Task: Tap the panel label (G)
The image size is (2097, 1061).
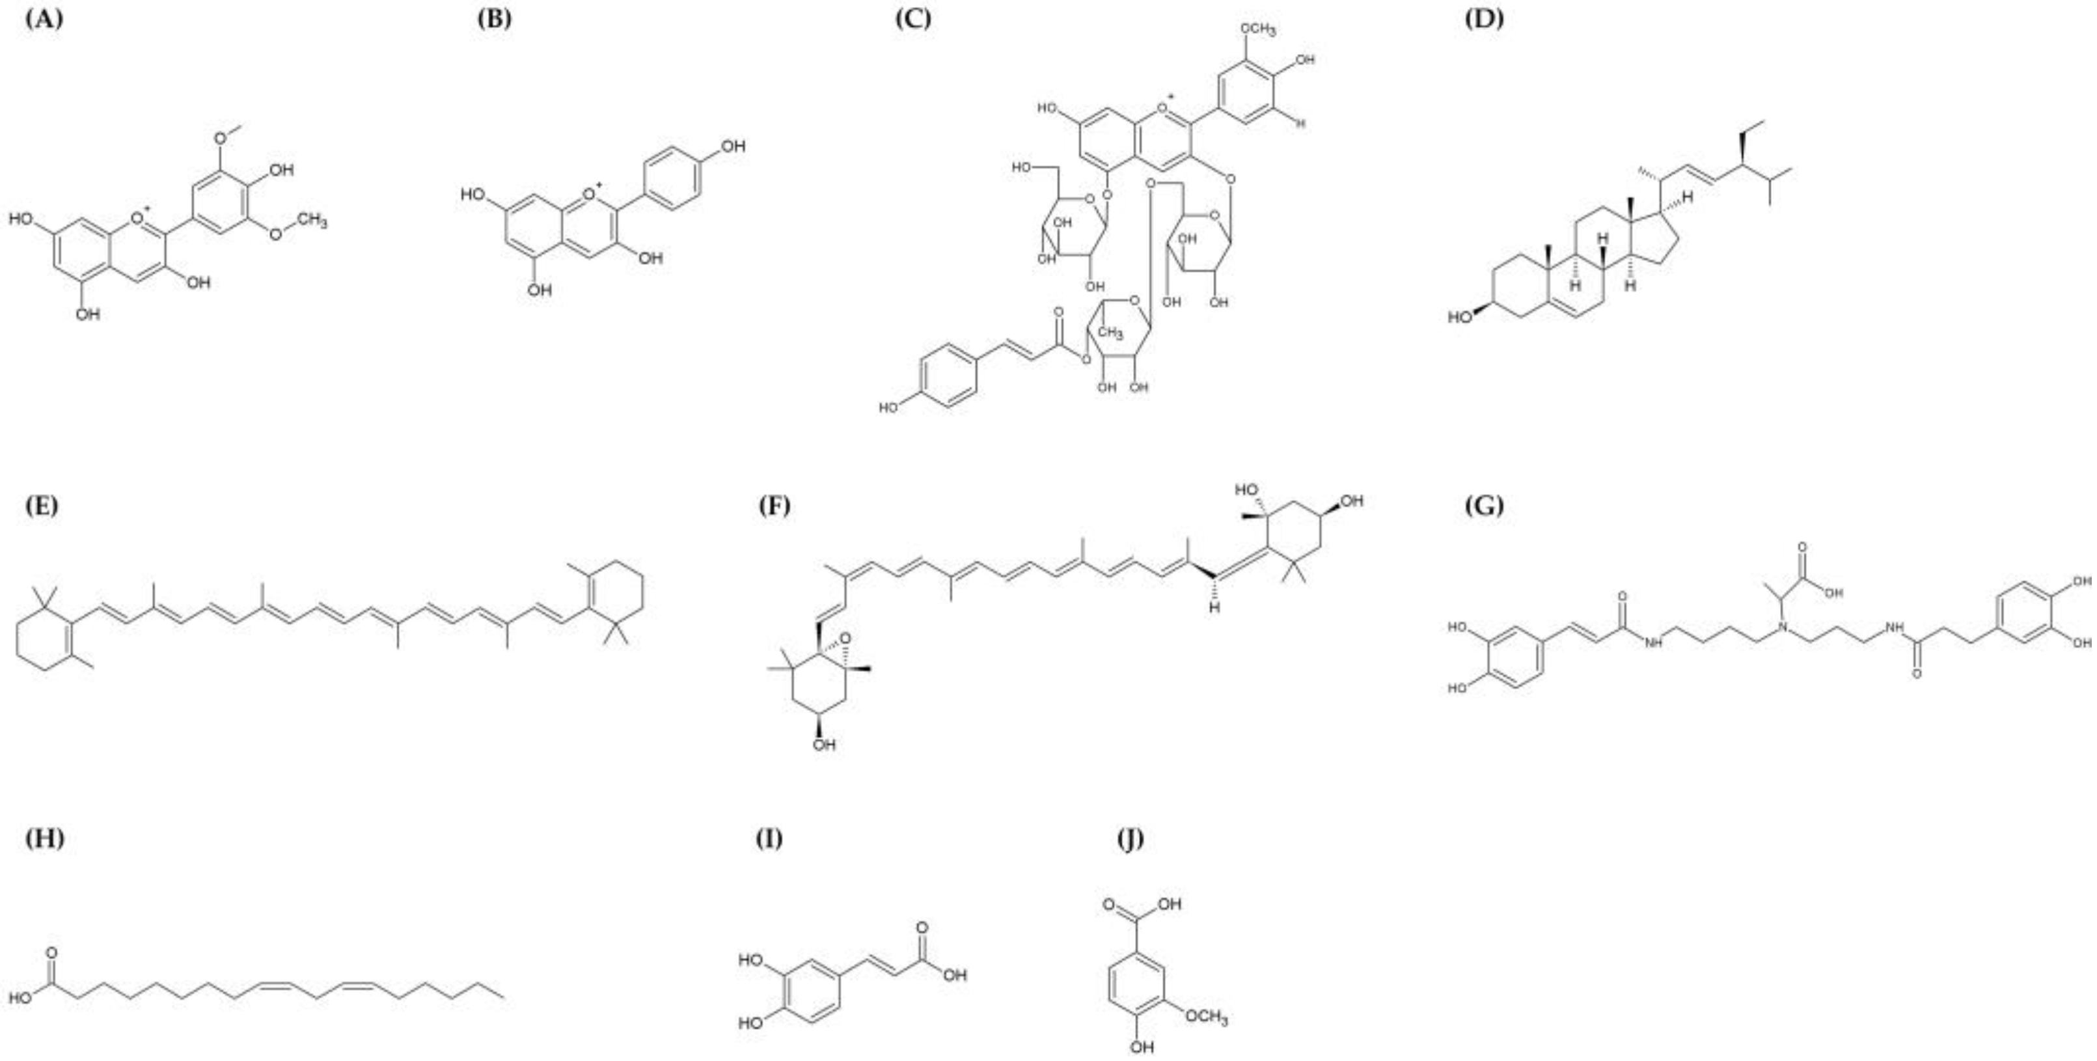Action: (x=1483, y=506)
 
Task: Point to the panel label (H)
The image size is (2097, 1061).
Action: (x=44, y=838)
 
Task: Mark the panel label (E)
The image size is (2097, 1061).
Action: (x=42, y=506)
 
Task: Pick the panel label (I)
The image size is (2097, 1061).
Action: (x=769, y=838)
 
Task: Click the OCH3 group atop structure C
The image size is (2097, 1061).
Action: (x=1257, y=30)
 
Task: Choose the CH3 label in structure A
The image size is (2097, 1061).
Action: (x=312, y=221)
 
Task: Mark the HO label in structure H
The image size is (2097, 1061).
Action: (x=20, y=999)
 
